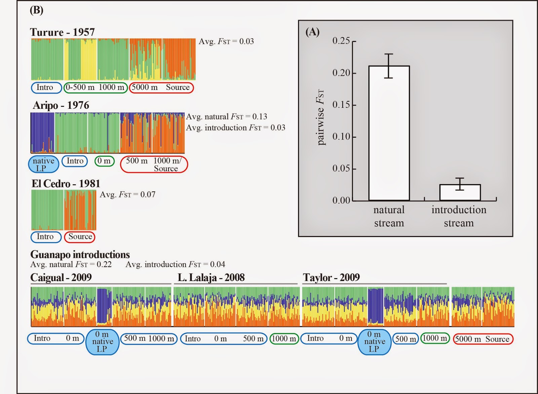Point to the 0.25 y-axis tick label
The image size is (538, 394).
(341, 41)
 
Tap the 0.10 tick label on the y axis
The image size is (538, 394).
(341, 137)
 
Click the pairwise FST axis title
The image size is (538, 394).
(320, 117)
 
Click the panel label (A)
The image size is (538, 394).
(312, 32)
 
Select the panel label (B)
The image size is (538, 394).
(36, 10)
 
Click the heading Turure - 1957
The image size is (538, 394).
(63, 32)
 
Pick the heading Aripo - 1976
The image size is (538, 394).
(61, 105)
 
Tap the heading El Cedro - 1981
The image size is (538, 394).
(66, 184)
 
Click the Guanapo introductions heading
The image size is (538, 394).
(80, 254)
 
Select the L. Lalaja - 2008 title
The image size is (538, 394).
(211, 278)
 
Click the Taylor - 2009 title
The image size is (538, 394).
(331, 278)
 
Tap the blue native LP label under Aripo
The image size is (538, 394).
(43, 164)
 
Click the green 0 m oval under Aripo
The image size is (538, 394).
(105, 161)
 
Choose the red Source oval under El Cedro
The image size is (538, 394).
(80, 237)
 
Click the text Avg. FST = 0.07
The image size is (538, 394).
(127, 195)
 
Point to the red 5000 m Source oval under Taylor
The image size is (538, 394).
(483, 339)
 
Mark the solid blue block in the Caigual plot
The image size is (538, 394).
(104, 305)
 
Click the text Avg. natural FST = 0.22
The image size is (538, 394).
(71, 264)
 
